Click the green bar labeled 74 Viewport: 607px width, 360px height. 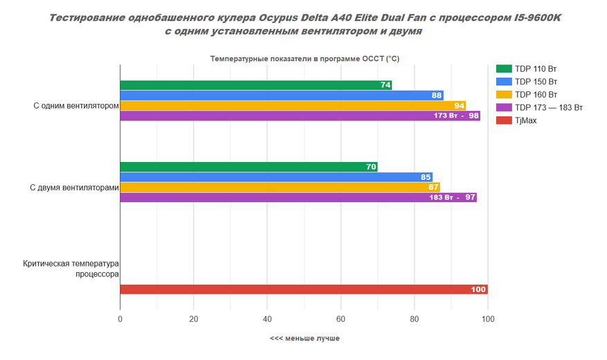(256, 85)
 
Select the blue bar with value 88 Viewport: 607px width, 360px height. (282, 96)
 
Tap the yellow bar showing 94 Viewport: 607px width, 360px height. (293, 105)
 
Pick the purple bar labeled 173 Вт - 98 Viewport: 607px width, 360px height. (300, 116)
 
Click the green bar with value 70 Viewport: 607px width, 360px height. (248, 167)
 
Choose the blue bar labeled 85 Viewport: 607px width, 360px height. (276, 177)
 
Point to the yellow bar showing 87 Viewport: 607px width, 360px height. (280, 187)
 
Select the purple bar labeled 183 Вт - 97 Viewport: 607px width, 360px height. (298, 197)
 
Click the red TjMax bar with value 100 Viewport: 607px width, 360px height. (304, 289)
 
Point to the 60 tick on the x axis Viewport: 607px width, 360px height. (341, 319)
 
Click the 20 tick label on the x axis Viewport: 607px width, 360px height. (194, 319)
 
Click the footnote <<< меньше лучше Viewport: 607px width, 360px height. (305, 339)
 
